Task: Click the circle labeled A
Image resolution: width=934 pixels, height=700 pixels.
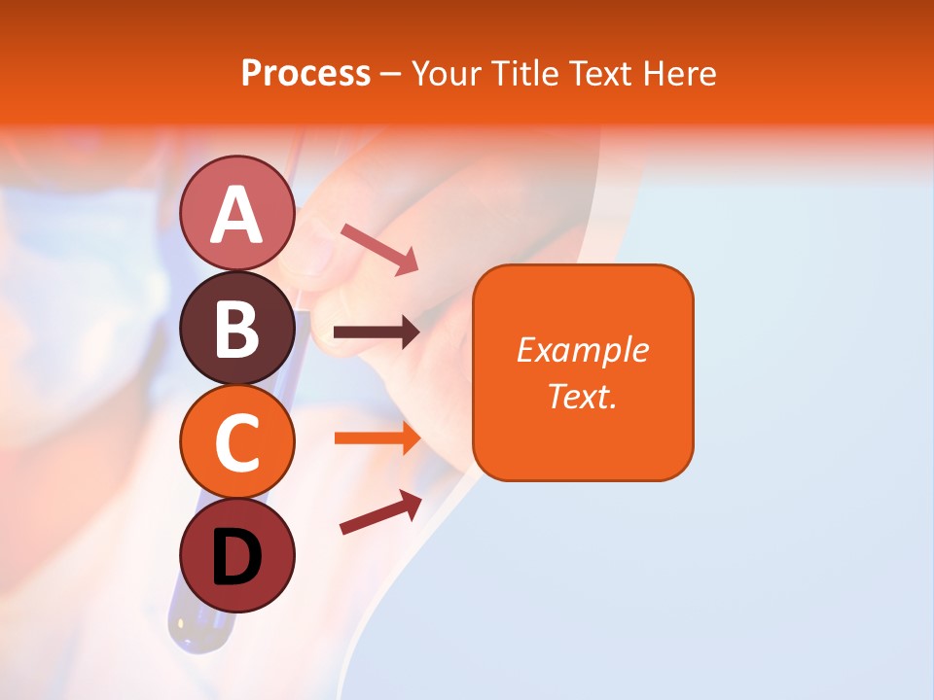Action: point(236,213)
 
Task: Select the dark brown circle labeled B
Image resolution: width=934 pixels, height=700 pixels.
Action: point(236,328)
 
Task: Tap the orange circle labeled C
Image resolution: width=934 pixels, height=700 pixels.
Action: point(236,442)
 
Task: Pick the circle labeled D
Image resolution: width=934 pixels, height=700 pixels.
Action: point(236,556)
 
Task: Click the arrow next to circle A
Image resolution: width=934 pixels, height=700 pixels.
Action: point(379,248)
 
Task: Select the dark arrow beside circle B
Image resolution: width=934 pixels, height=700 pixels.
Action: point(377,333)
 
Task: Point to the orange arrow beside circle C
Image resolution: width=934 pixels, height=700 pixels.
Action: point(377,437)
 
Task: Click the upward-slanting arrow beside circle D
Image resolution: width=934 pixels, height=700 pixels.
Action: point(380,512)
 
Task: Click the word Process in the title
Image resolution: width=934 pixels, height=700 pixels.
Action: point(305,74)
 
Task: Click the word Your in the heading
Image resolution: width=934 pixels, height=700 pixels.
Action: point(448,74)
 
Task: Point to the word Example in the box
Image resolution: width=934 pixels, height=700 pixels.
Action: point(582,350)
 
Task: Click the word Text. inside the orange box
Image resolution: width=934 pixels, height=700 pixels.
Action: point(582,396)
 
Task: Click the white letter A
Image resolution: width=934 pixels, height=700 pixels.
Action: point(236,214)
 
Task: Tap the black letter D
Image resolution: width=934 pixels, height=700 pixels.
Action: point(236,558)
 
